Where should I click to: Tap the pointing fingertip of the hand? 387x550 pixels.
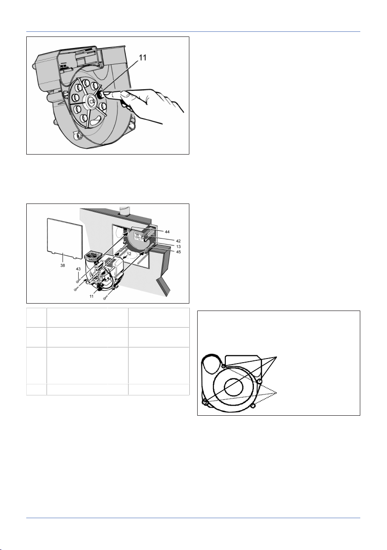pyautogui.click(x=106, y=95)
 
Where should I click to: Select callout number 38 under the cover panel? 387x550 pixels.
pyautogui.click(x=62, y=265)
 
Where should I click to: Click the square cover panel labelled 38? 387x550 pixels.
pyautogui.click(x=65, y=239)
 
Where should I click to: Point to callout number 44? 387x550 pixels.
pyautogui.click(x=167, y=232)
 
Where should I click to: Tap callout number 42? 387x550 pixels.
pyautogui.click(x=178, y=241)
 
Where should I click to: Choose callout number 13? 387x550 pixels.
pyautogui.click(x=178, y=246)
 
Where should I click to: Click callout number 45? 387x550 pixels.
pyautogui.click(x=178, y=252)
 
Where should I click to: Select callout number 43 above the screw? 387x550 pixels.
pyautogui.click(x=78, y=269)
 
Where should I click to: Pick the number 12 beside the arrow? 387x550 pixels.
pyautogui.click(x=129, y=253)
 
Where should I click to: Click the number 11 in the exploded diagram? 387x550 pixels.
pyautogui.click(x=91, y=296)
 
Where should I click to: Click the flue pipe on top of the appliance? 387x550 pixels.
pyautogui.click(x=124, y=210)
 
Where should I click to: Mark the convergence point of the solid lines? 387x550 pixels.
pyautogui.click(x=277, y=357)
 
